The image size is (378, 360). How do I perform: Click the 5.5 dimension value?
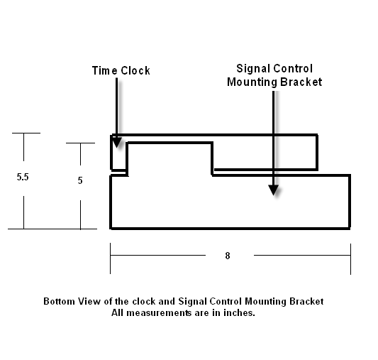(x=23, y=177)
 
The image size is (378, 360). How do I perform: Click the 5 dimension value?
(x=80, y=180)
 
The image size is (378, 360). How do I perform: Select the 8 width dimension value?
(x=228, y=256)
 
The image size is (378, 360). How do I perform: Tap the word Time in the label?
(x=105, y=71)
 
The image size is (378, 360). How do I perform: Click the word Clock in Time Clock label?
(x=135, y=71)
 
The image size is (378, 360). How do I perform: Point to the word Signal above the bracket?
(x=253, y=69)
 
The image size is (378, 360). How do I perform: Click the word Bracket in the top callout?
(x=301, y=82)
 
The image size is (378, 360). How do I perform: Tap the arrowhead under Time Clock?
(x=117, y=142)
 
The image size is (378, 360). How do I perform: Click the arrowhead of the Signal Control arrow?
(x=274, y=190)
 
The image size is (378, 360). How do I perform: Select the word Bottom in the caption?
(x=59, y=301)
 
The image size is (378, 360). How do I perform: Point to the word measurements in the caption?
(x=159, y=313)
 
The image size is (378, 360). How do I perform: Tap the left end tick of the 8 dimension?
(x=111, y=258)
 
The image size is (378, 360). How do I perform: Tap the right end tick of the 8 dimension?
(x=351, y=259)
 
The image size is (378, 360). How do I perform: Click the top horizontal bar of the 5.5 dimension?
(x=26, y=133)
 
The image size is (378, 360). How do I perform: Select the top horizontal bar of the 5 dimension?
(x=81, y=143)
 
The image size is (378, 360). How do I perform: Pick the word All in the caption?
(x=118, y=313)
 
